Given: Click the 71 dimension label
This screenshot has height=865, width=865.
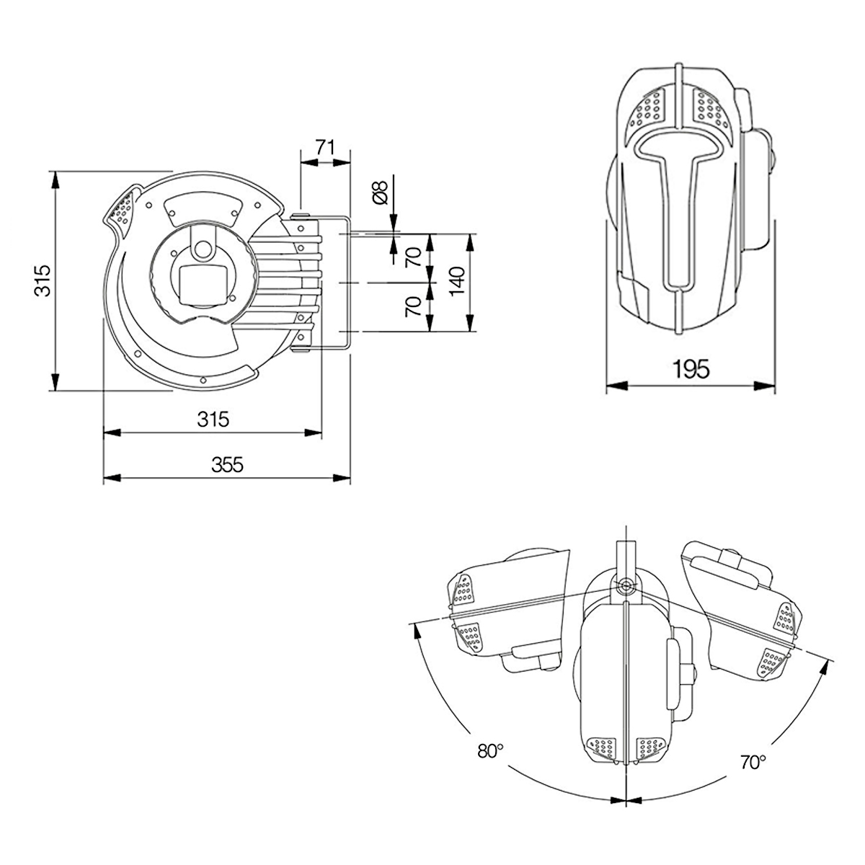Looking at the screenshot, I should (325, 147).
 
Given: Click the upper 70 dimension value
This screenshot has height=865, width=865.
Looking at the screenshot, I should (413, 257).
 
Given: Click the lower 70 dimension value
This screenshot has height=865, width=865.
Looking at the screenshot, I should (413, 307).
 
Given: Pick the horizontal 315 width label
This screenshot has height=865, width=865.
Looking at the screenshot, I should (213, 419).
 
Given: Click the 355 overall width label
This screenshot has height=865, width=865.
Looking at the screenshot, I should (227, 464).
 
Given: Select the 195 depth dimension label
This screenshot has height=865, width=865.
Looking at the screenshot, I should (691, 370).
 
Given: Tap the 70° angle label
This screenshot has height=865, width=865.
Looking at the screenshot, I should (753, 762).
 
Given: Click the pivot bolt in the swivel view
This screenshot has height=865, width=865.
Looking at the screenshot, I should (625, 586).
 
